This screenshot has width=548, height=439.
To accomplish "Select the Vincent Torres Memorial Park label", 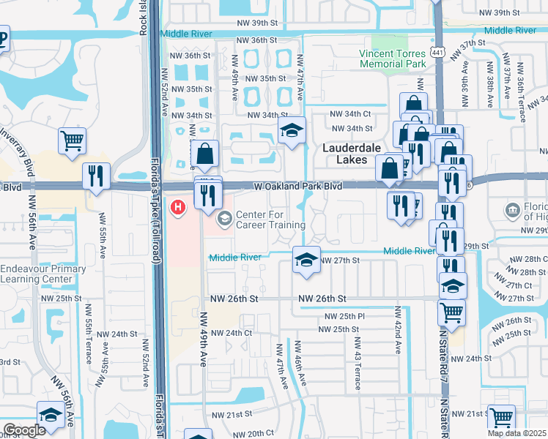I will click(393, 59).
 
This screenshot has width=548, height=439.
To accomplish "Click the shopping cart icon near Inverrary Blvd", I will click(72, 139).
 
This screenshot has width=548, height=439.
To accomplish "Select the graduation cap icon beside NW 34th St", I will click(292, 131).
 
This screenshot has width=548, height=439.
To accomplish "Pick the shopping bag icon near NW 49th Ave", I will click(205, 154).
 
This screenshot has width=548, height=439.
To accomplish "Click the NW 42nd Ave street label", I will click(398, 331).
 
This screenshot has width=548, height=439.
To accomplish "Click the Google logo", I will click(25, 430).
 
